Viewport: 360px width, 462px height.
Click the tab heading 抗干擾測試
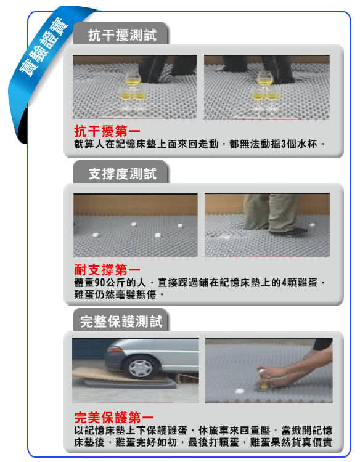(122, 35)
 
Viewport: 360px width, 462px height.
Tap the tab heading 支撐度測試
(122, 174)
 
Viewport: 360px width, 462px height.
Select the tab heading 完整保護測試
(121, 322)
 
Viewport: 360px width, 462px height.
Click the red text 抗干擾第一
(107, 131)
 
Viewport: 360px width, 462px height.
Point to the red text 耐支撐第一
(107, 270)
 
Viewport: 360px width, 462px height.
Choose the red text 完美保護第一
(114, 417)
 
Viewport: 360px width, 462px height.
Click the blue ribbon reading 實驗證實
(44, 49)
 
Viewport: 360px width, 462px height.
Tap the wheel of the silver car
(141, 367)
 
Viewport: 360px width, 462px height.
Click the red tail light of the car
(115, 349)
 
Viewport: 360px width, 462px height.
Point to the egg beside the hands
(239, 391)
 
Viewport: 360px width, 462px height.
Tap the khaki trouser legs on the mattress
(271, 212)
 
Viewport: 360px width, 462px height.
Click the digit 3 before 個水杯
(284, 144)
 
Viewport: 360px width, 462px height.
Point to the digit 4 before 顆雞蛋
(284, 283)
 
